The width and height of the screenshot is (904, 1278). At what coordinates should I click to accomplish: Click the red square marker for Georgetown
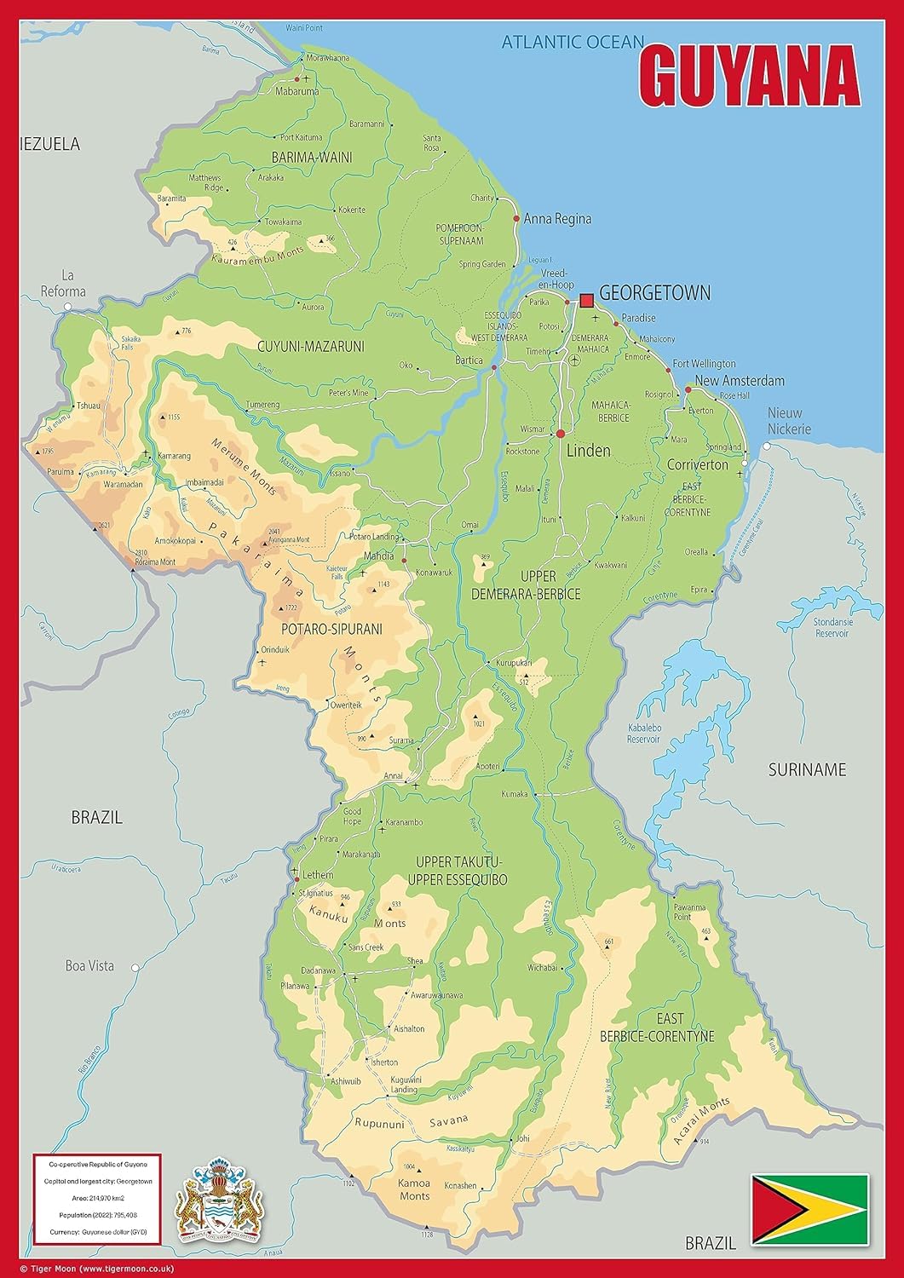point(586,300)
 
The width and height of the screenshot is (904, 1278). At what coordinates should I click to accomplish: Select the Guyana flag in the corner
point(809,1209)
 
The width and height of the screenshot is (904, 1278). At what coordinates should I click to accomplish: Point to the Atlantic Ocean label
point(572,41)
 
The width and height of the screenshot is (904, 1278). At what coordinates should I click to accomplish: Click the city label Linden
point(588,450)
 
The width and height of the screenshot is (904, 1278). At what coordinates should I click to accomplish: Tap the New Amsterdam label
point(739,380)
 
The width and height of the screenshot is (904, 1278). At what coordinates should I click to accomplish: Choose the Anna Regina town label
point(557,219)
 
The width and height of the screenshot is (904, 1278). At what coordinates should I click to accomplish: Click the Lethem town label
point(317,875)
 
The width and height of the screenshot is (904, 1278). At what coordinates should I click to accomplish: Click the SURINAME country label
point(807,769)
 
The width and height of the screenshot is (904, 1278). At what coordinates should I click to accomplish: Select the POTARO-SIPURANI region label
point(331,629)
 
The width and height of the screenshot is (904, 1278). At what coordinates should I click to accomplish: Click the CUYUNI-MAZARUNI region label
point(310,346)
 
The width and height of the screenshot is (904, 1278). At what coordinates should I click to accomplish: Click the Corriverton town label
point(698,465)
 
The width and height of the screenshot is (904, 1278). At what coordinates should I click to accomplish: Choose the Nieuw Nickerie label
point(789,421)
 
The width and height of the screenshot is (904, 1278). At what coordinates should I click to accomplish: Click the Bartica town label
point(469,360)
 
